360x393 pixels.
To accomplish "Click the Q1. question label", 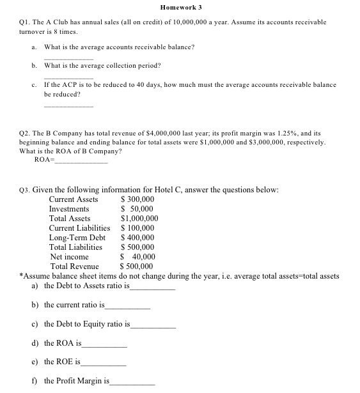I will (21, 22).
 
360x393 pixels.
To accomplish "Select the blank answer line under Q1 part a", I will (67, 58).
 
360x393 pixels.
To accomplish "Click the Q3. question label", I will (22, 190).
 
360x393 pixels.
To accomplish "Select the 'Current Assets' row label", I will (74, 199).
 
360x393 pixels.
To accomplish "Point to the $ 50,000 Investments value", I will (137, 209).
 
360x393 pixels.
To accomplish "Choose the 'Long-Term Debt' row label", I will (77, 238).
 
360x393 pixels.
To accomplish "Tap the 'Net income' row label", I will (69, 257).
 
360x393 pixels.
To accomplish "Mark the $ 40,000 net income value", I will (137, 257).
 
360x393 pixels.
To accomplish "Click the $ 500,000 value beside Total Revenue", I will (137, 266).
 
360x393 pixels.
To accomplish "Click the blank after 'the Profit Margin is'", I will (132, 383).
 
